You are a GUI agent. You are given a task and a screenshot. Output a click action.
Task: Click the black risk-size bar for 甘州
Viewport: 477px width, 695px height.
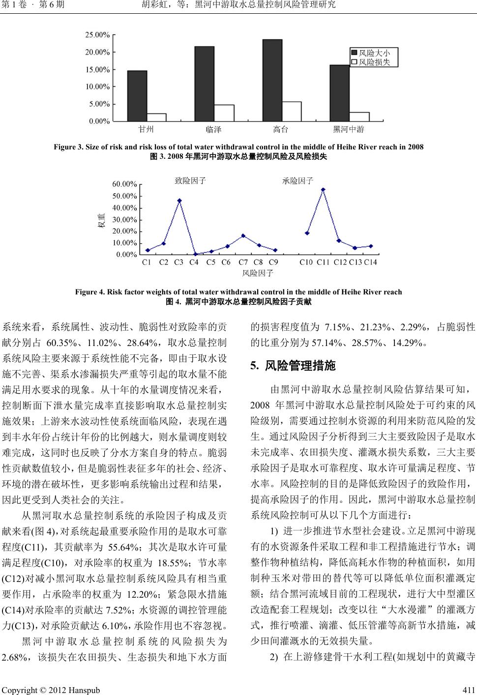tap(137, 96)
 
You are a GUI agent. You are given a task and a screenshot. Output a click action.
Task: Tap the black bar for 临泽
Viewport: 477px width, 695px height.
tap(204, 84)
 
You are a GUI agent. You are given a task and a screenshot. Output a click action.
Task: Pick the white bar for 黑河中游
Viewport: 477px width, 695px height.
tap(359, 116)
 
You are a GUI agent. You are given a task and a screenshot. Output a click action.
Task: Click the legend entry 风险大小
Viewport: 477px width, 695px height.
tap(374, 53)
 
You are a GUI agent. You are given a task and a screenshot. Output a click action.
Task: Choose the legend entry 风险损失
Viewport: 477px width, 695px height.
tap(374, 62)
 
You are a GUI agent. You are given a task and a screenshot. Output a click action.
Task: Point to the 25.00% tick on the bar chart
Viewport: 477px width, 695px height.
tap(97, 35)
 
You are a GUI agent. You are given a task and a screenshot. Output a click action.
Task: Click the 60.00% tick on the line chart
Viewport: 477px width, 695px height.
tap(124, 184)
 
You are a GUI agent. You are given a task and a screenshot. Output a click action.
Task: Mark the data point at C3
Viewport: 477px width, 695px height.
tap(179, 201)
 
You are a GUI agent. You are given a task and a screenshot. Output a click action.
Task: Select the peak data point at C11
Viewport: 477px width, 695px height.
tap(323, 190)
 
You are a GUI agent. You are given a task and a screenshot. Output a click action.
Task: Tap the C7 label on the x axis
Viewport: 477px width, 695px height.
tap(243, 262)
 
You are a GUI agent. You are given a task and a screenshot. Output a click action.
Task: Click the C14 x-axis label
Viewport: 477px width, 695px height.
tap(370, 262)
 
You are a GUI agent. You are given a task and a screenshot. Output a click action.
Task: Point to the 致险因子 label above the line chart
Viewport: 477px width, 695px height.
tap(190, 181)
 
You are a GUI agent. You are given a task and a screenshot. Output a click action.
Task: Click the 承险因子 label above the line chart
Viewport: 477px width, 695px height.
tap(298, 181)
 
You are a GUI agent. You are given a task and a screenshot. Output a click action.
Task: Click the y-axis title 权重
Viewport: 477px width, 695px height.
tap(101, 220)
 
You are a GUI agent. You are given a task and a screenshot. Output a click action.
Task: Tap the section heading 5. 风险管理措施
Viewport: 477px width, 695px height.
tap(293, 366)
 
